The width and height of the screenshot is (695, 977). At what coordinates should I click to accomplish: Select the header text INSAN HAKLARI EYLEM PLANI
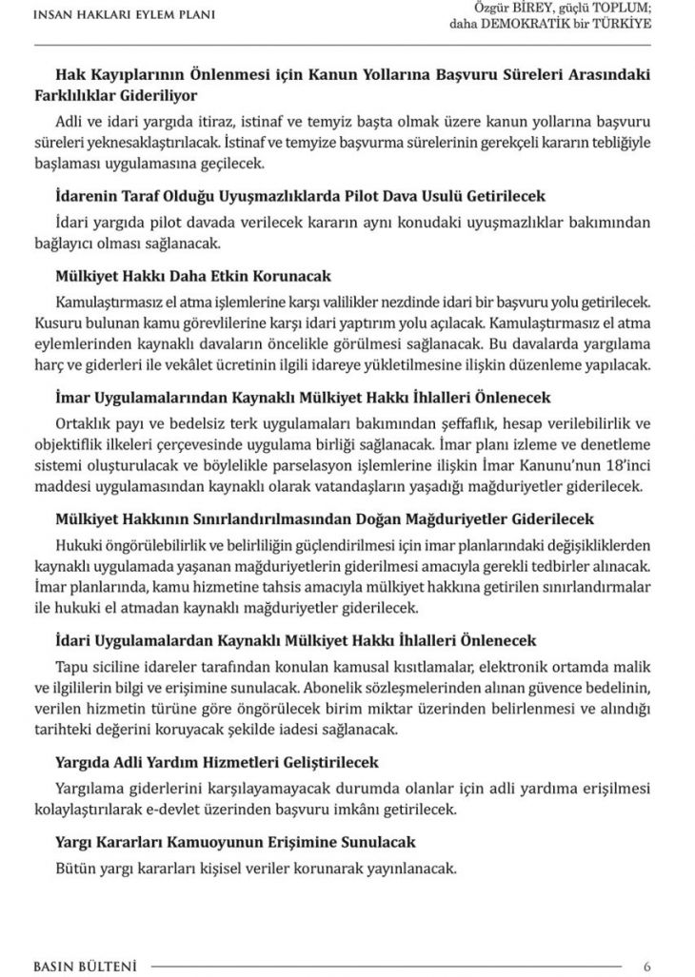pos(124,15)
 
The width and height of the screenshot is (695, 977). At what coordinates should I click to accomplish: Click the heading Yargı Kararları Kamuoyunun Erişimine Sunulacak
pos(235,843)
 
